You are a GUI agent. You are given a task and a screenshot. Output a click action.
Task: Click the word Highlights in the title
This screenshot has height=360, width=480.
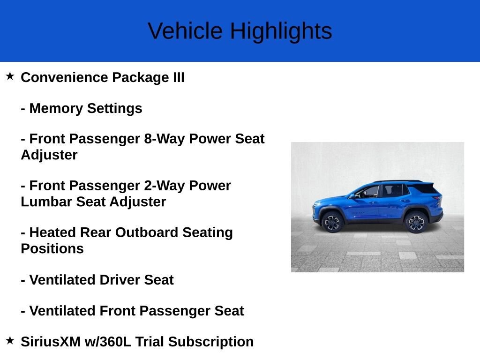click(281, 31)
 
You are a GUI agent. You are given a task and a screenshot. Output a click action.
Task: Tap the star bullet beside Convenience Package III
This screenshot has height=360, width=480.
click(10, 76)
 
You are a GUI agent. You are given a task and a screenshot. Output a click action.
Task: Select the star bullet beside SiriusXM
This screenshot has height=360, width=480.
click(10, 340)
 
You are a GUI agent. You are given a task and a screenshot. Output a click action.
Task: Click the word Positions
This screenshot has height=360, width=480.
click(52, 248)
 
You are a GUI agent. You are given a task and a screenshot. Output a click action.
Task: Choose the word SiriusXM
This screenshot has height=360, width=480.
click(51, 342)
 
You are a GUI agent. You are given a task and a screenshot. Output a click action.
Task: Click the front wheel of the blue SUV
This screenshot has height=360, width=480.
click(332, 221)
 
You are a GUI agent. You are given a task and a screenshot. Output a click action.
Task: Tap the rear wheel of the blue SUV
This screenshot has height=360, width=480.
click(416, 222)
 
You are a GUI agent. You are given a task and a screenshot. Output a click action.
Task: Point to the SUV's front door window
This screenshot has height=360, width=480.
click(368, 191)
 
